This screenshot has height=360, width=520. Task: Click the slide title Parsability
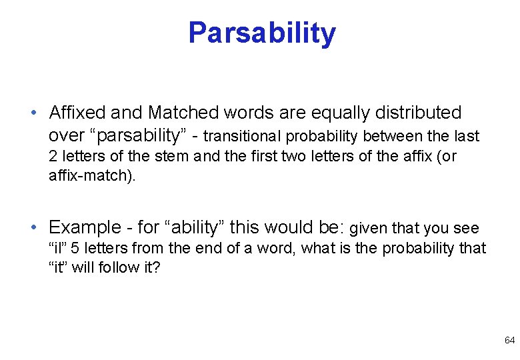262,33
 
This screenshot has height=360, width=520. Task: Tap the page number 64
509,340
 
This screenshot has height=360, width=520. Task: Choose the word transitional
242,136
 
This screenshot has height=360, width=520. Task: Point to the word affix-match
91,177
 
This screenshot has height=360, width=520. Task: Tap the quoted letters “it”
59,269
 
